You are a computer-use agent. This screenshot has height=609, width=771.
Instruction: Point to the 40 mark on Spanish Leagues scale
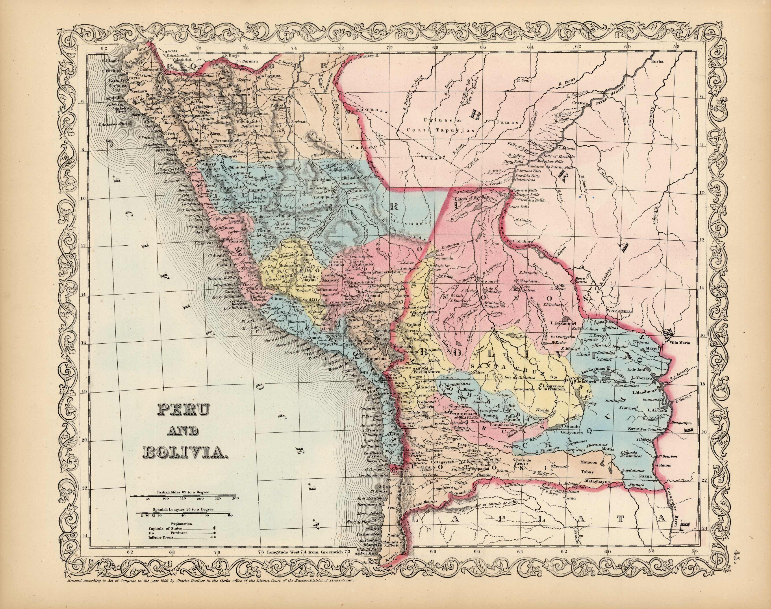[183, 515]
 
